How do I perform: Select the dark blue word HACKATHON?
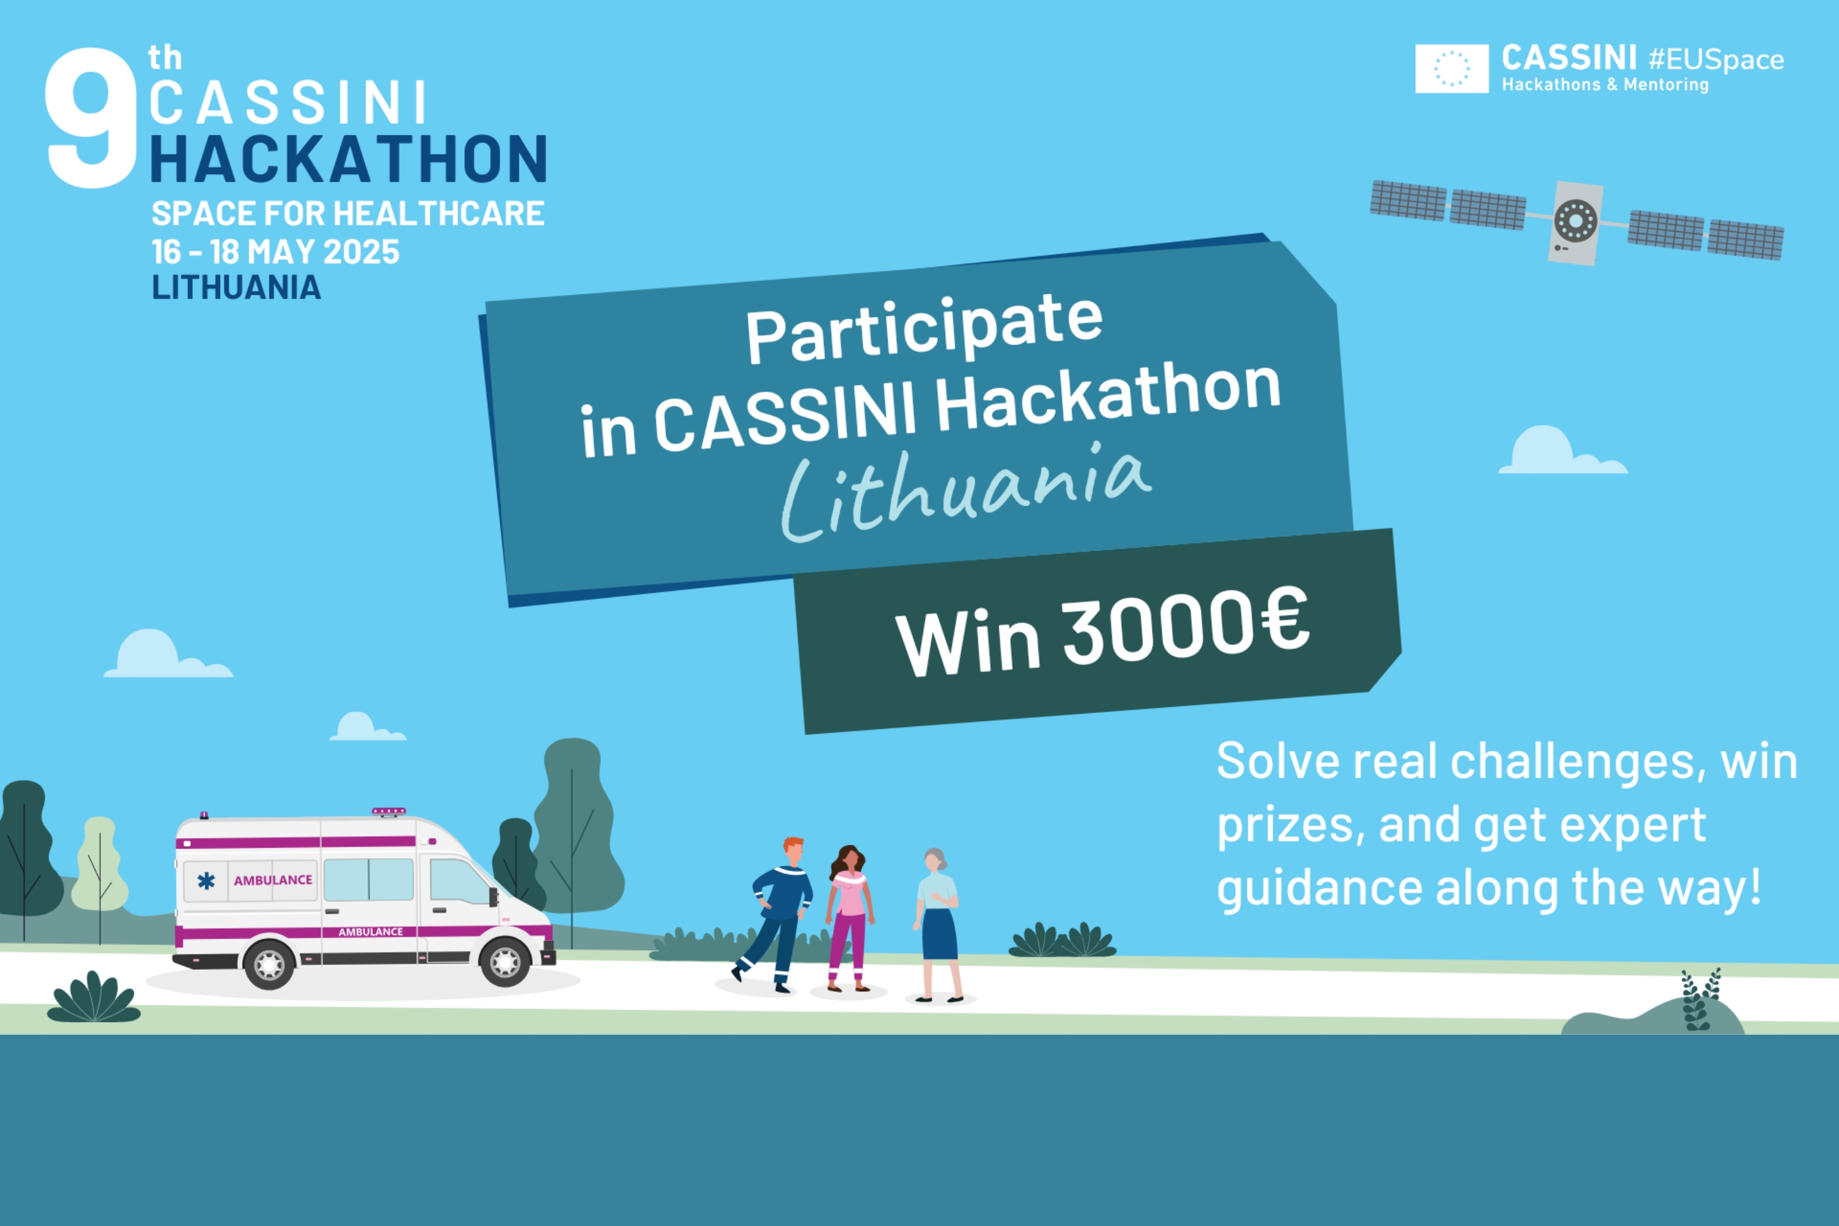point(349,159)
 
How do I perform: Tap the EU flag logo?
point(1452,69)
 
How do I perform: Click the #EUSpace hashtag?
point(1716,60)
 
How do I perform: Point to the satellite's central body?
point(1575,223)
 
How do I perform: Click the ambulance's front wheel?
point(505,962)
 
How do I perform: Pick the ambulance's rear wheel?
point(269,965)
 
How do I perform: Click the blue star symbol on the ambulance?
point(205,881)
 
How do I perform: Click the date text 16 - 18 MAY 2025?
point(275,252)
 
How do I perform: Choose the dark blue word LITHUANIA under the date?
point(236,287)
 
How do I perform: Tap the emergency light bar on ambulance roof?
point(389,812)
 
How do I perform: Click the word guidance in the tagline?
point(1319,889)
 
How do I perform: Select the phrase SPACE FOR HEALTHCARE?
point(348,213)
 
